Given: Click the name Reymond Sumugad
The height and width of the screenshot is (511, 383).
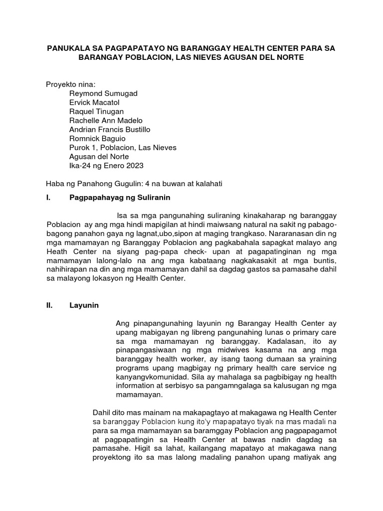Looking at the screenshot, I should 103,93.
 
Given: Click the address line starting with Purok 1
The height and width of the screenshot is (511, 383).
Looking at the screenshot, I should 123,147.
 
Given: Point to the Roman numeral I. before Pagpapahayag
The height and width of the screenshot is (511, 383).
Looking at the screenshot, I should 48,198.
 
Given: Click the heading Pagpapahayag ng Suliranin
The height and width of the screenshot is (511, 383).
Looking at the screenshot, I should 120,198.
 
